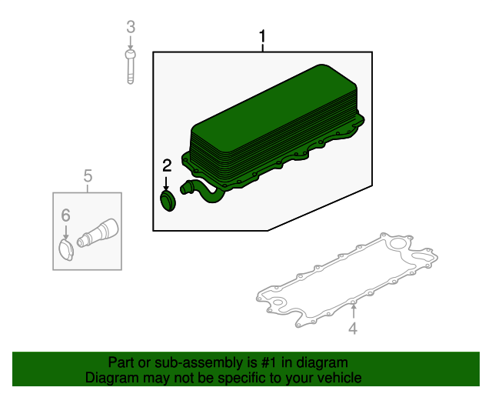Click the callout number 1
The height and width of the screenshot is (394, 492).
262,37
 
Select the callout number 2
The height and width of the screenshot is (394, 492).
167,165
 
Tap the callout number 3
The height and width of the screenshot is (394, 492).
131,27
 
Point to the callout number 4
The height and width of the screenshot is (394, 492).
353,329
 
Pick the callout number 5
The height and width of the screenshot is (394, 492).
88,175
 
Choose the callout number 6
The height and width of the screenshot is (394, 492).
65,215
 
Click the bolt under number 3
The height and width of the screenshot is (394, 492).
131,67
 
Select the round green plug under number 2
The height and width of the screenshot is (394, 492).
168,201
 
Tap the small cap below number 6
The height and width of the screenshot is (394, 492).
66,250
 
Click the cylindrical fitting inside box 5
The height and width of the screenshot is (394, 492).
98,233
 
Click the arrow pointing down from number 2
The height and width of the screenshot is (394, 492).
166,183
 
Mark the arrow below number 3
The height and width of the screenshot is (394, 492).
131,42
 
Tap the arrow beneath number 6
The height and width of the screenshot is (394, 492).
65,232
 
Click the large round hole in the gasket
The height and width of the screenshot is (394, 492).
398,245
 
